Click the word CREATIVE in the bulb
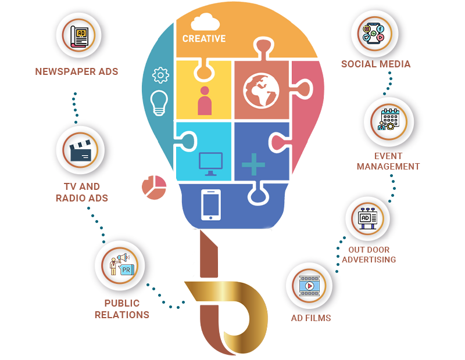(203, 39)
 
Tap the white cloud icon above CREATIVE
(205, 22)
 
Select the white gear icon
(160, 75)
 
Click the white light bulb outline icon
(159, 102)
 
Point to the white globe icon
(261, 90)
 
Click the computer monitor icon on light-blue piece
(210, 164)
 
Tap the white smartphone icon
(210, 204)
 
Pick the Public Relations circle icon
(121, 265)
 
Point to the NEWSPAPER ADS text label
(77, 72)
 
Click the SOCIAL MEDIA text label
(375, 64)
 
